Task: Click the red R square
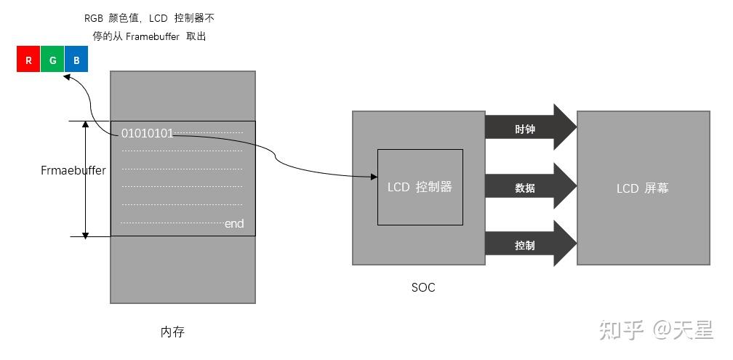point(28,60)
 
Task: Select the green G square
point(52,60)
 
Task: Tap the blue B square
point(76,60)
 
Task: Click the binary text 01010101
point(147,133)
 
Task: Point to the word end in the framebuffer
point(234,224)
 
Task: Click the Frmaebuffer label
point(73,171)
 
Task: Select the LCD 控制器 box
point(420,187)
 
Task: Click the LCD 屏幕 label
point(642,188)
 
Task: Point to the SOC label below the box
point(423,287)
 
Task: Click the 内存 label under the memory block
point(172,332)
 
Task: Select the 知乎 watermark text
point(622,331)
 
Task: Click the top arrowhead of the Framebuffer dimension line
point(86,126)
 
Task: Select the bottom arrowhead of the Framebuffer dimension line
point(86,232)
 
